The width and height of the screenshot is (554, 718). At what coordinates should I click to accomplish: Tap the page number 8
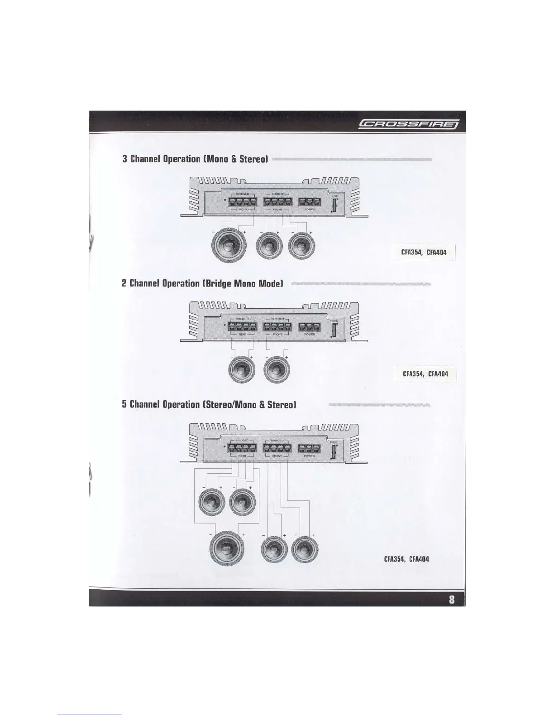[x=451, y=599]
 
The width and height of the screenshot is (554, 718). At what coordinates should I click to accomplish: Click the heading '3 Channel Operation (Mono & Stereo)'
[x=196, y=159]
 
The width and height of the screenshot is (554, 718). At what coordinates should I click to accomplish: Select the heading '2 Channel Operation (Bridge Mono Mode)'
[x=202, y=284]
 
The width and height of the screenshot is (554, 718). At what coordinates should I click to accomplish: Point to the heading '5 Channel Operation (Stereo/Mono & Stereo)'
[x=209, y=404]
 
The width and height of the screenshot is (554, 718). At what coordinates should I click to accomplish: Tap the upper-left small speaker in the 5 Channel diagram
[x=211, y=501]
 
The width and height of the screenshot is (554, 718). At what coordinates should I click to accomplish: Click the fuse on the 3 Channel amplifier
[x=334, y=205]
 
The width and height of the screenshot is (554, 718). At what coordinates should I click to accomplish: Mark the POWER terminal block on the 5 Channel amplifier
[x=310, y=449]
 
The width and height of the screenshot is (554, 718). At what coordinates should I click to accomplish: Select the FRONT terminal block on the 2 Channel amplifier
[x=277, y=327]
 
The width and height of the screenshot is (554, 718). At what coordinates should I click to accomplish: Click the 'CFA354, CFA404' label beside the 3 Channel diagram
[x=423, y=252]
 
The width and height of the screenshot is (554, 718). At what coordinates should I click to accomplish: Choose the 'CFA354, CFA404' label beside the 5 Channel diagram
[x=406, y=559]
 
